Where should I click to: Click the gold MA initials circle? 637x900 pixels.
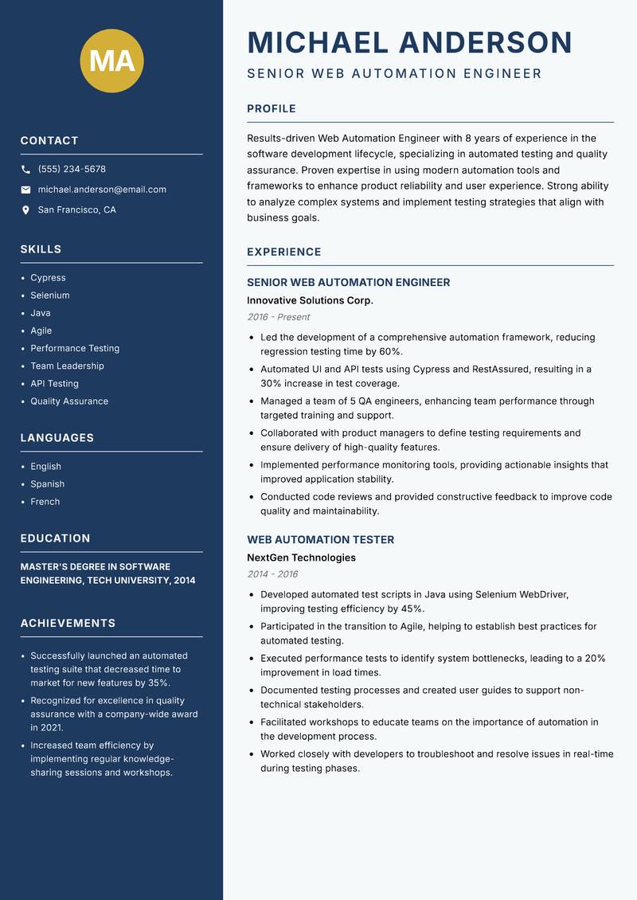click(111, 61)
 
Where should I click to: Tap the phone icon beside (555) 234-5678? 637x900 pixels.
click(25, 170)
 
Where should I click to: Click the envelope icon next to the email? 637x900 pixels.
click(25, 190)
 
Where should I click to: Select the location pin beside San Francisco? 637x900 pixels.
click(25, 210)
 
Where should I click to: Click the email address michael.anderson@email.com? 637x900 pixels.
click(102, 190)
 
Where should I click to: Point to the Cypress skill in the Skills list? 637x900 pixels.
click(48, 278)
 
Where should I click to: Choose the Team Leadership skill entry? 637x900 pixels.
click(67, 366)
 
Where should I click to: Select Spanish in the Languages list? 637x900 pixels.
click(47, 484)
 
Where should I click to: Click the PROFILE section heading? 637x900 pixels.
click(271, 109)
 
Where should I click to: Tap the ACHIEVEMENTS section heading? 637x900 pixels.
click(68, 624)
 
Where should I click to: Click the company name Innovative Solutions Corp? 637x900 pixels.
click(310, 301)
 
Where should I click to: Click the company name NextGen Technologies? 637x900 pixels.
click(301, 558)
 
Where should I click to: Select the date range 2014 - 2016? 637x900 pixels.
click(272, 574)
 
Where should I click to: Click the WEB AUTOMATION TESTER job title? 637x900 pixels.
click(320, 540)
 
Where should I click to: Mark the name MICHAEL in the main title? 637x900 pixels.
click(318, 42)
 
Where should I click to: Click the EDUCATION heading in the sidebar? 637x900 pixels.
click(55, 538)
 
